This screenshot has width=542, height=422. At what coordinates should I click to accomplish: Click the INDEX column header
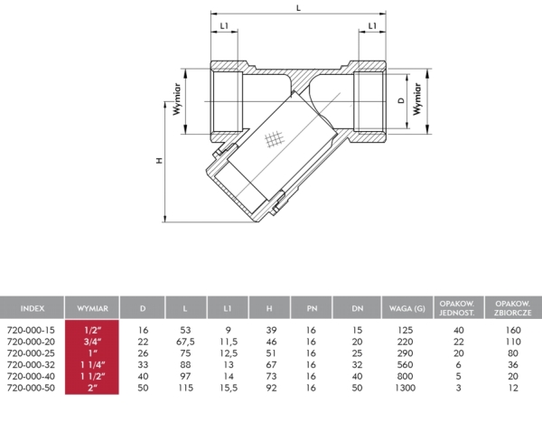pyautogui.click(x=33, y=307)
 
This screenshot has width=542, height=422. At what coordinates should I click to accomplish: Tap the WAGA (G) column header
pyautogui.click(x=407, y=307)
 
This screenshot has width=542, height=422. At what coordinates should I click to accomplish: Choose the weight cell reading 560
pyautogui.click(x=407, y=363)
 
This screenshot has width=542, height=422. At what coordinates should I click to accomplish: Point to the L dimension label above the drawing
pyautogui.click(x=299, y=8)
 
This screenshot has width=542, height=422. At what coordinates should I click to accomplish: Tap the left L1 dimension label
pyautogui.click(x=224, y=26)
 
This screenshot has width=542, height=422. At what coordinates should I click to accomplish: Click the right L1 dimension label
pyautogui.click(x=372, y=26)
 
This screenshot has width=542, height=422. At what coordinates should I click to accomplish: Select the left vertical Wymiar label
pyautogui.click(x=180, y=102)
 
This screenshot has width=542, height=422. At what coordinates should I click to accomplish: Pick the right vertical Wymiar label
pyautogui.click(x=417, y=95)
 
